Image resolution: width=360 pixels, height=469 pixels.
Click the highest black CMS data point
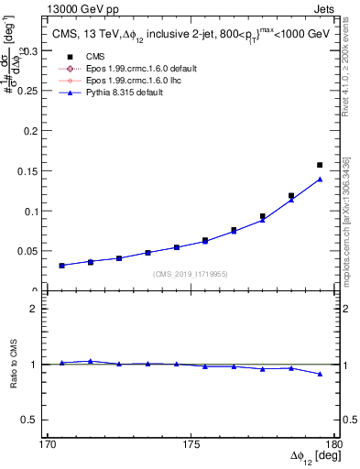(320, 165)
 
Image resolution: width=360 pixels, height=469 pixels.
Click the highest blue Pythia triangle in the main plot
(320, 180)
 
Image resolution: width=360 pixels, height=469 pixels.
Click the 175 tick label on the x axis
(191, 443)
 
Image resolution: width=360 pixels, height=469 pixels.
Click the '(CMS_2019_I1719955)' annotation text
(190, 273)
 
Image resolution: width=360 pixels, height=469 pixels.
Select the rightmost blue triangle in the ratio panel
(320, 374)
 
